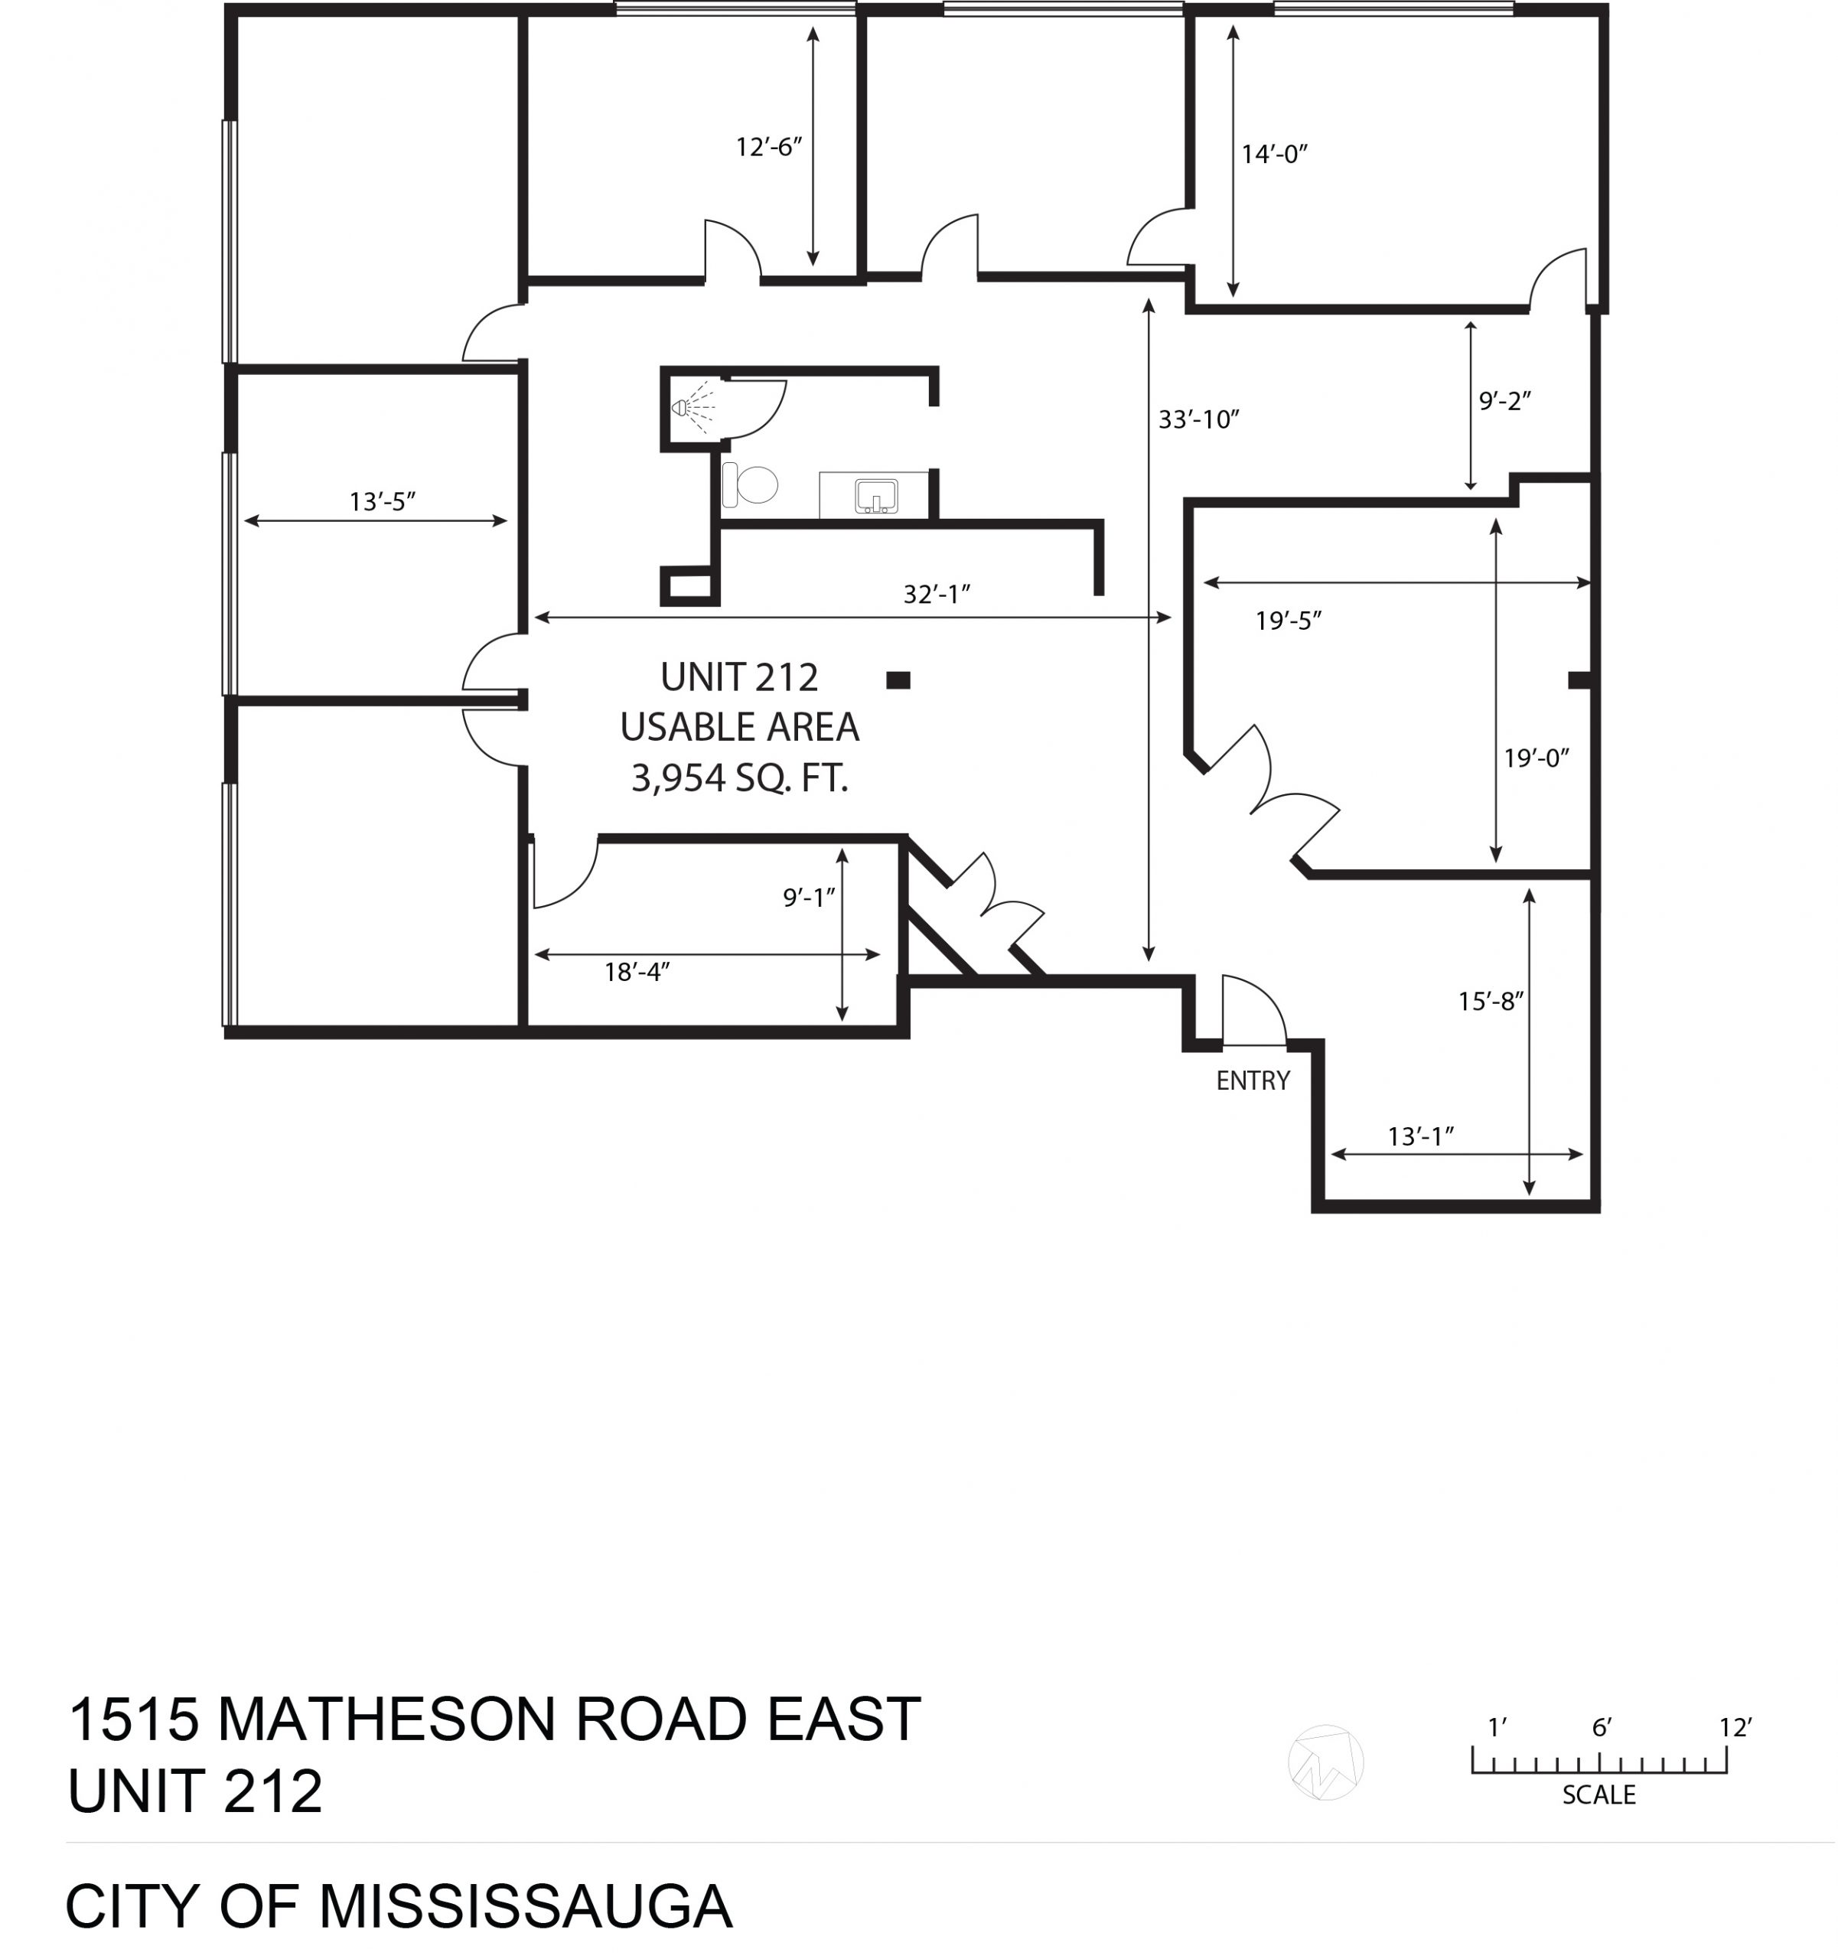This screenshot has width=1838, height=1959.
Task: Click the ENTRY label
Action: coord(1253,1081)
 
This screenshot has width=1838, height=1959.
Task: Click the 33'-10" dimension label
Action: coord(1198,420)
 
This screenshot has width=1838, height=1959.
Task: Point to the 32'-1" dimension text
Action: coord(937,594)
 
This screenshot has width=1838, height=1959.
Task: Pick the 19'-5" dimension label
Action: coord(1288,621)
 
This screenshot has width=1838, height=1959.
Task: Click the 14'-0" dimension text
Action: coord(1274,154)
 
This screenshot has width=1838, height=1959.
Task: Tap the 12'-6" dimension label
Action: coord(769,147)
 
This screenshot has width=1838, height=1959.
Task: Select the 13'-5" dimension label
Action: coord(383,501)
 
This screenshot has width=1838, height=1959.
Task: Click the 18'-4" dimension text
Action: coord(637,973)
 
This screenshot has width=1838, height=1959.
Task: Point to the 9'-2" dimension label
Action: coord(1505,401)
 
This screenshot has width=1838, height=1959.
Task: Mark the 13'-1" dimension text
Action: coord(1421,1136)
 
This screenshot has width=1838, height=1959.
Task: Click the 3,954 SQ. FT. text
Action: coord(740,778)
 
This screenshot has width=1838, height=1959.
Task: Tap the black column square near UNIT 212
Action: coord(898,680)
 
